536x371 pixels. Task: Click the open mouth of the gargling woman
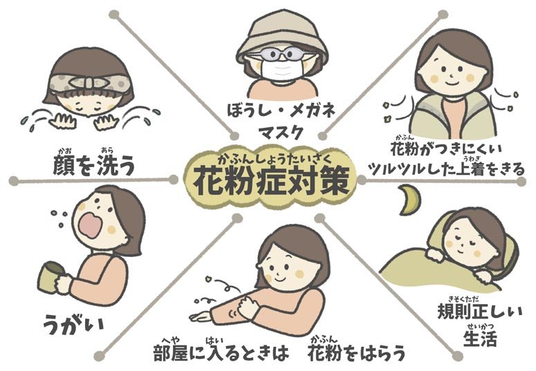89,225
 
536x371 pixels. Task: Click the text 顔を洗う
93,165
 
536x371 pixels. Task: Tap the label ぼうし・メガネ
281,111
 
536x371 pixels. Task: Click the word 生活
480,339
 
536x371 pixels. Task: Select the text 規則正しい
480,311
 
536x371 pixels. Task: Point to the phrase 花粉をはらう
357,353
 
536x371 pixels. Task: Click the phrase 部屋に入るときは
221,353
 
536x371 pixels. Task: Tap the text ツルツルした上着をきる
445,169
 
